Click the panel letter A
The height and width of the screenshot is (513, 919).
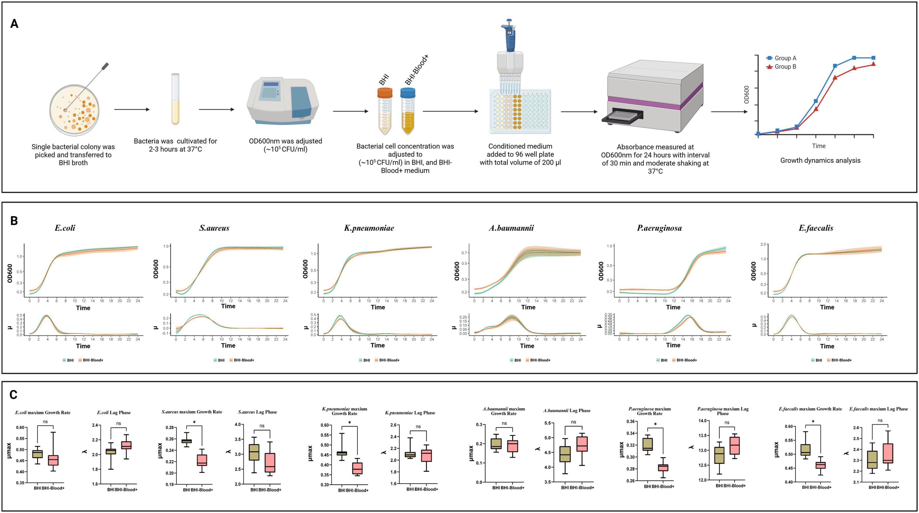click(14, 24)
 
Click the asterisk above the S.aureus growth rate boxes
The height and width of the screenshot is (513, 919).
click(194, 423)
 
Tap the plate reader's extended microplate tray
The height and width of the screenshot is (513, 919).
click(622, 117)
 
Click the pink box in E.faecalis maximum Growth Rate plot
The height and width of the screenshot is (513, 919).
click(821, 465)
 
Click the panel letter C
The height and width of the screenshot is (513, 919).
click(14, 395)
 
